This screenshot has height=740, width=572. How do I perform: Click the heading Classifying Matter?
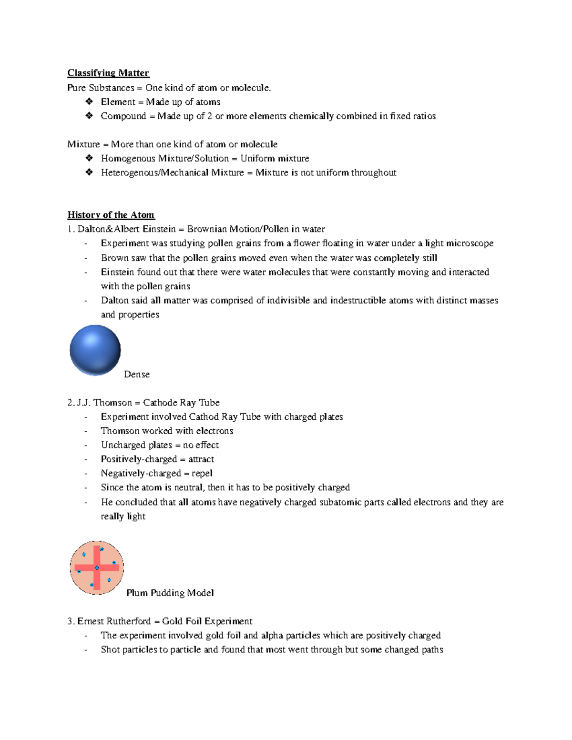click(108, 73)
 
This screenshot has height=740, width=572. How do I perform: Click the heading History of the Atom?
click(111, 215)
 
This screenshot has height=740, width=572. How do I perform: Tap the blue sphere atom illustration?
click(95, 350)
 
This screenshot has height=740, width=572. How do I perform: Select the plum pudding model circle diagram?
click(97, 568)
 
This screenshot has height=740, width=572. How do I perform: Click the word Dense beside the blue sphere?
click(137, 375)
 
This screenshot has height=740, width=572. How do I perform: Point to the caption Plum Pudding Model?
click(170, 593)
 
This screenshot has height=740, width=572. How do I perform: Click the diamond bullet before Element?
click(89, 101)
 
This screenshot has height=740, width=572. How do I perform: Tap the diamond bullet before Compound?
click(89, 116)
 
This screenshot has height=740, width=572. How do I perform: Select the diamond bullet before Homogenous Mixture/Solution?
click(89, 158)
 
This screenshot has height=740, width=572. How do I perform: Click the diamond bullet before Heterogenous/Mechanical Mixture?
click(89, 172)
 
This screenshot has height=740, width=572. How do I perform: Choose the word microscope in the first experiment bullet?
click(470, 243)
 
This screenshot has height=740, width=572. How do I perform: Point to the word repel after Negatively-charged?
click(202, 474)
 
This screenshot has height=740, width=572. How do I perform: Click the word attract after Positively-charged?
click(201, 459)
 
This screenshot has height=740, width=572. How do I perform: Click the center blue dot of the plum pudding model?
click(97, 568)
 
